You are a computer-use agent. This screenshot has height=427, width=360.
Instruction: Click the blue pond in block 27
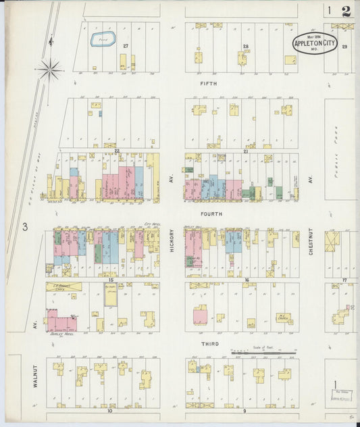pyautogui.click(x=103, y=39)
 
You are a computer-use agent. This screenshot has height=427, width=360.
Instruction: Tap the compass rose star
pyautogui.click(x=49, y=68)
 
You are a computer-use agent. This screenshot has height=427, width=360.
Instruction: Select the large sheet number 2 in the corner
pyautogui.click(x=346, y=11)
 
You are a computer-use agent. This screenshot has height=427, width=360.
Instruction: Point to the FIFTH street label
pyautogui.click(x=208, y=84)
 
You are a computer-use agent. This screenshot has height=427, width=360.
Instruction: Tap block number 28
pyautogui.click(x=246, y=46)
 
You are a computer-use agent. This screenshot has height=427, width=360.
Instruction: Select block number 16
pyautogui.click(x=247, y=279)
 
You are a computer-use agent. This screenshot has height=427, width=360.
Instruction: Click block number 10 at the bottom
pyautogui.click(x=109, y=411)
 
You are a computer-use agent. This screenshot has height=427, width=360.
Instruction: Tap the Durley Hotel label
pyautogui.click(x=60, y=334)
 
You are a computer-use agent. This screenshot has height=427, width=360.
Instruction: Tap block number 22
pyautogui.click(x=116, y=151)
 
